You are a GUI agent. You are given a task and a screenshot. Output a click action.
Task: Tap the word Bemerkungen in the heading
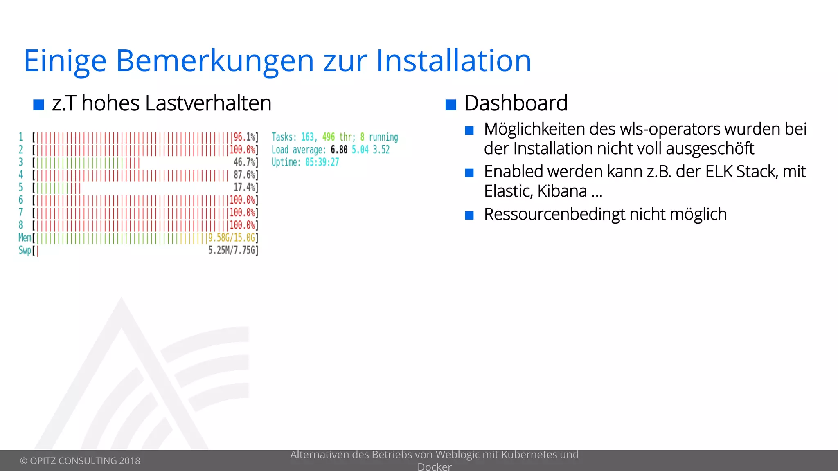click(x=215, y=61)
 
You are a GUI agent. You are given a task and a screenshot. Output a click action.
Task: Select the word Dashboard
click(x=516, y=103)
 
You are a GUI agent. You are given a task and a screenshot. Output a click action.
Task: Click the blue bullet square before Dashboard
click(x=451, y=105)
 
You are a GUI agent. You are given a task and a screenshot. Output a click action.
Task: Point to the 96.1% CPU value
click(x=244, y=137)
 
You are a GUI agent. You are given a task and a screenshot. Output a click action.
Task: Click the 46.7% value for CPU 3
click(x=244, y=162)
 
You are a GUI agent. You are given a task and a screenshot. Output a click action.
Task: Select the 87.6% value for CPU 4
click(x=244, y=175)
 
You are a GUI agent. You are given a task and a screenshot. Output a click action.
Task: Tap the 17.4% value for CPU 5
click(x=244, y=188)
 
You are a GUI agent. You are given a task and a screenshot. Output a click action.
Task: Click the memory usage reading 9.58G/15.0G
click(x=232, y=238)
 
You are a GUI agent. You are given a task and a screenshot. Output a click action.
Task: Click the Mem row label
click(x=25, y=238)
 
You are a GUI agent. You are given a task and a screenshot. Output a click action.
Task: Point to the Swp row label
click(x=25, y=250)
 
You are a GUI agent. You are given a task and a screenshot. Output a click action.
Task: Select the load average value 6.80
click(x=339, y=150)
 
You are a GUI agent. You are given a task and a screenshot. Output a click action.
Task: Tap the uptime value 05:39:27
click(x=322, y=162)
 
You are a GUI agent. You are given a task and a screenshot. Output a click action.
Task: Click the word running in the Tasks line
click(x=383, y=137)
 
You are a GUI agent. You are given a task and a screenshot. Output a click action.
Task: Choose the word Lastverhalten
click(x=208, y=103)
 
